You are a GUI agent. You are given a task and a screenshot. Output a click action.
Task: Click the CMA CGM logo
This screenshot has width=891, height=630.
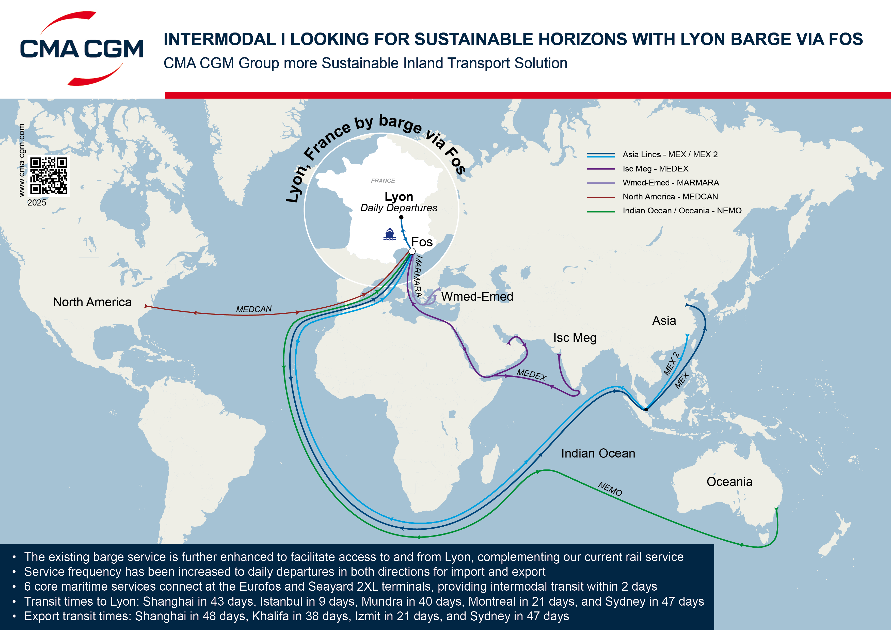pos(82,49)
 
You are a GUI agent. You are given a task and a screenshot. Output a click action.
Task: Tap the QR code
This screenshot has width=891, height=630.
pos(49,176)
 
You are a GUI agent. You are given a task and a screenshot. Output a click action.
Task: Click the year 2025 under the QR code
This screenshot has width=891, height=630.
pos(37,203)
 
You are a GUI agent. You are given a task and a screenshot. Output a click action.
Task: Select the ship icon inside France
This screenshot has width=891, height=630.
pos(389,234)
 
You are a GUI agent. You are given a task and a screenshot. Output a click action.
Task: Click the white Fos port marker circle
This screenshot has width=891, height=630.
pos(412,251)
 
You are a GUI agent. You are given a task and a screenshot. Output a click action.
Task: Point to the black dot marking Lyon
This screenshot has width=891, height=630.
pos(401,217)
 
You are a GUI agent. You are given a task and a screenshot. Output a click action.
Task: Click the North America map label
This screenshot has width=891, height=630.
pos(92,302)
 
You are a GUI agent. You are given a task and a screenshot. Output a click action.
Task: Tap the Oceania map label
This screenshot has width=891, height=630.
pos(729,482)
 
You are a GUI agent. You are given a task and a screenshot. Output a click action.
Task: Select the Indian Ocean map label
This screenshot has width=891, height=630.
pos(598,453)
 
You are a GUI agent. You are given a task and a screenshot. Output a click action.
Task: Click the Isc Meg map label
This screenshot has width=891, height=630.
pos(575,338)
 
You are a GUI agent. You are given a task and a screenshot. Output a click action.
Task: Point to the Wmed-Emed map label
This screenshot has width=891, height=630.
pos(477,296)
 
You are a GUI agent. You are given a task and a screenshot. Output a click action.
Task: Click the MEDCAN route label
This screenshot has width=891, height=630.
pos(254,309)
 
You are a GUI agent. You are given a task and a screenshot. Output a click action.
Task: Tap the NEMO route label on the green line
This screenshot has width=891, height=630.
pos(610,489)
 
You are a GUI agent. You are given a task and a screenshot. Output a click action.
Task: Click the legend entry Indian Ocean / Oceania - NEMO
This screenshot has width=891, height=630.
pos(682,211)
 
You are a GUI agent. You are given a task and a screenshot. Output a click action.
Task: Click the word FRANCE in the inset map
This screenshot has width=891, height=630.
pos(383,181)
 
